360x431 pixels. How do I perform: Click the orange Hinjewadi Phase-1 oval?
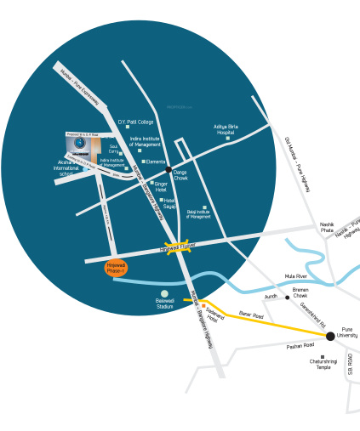pos(116,268)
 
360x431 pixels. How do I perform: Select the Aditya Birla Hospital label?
pos(225,130)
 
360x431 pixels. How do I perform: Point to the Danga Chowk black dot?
pos(169,171)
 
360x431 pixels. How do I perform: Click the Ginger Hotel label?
pos(161,186)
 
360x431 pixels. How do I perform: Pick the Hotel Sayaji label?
pos(170,205)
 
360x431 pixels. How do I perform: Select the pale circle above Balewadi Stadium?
pos(164,294)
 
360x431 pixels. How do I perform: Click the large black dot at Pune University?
pos(330,337)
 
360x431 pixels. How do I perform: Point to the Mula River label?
pos(295,276)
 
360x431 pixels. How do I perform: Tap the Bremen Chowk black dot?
pos(288,298)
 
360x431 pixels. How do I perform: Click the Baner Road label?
pos(251,315)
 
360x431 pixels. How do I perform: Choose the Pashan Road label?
pos(300,345)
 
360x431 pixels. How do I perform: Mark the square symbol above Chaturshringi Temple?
pos(323,357)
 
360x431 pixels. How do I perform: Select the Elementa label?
pos(156,162)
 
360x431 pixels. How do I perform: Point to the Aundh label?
pos(271,297)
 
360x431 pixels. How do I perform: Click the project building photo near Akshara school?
pos(82,145)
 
